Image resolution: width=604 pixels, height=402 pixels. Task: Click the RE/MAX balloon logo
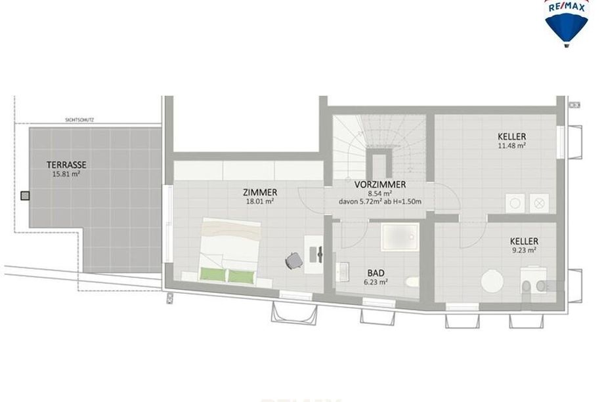[566, 23]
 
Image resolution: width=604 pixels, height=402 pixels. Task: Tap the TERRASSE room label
[67, 165]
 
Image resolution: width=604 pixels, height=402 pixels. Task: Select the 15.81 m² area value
[66, 174]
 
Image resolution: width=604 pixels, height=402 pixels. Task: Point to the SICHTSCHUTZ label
[79, 120]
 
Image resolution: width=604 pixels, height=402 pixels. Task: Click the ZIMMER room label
[260, 192]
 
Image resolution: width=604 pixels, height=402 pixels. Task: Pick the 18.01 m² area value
[260, 201]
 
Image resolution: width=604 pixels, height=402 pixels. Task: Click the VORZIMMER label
[380, 185]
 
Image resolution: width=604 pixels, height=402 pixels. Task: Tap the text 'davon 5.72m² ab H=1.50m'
[380, 201]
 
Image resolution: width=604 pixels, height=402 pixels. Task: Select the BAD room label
[376, 273]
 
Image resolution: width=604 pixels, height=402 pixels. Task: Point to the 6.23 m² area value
[376, 282]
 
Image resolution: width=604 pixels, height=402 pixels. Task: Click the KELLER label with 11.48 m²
[512, 136]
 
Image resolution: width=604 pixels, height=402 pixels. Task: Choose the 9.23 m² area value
[524, 250]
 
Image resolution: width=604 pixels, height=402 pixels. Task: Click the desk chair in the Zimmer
[293, 260]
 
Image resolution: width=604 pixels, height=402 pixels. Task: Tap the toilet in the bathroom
[412, 282]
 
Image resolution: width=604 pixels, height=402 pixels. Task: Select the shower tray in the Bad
[400, 237]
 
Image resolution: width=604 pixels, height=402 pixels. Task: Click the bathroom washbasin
[341, 272]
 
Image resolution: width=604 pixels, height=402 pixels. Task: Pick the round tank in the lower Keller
[492, 281]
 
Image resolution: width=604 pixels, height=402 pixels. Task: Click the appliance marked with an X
[539, 203]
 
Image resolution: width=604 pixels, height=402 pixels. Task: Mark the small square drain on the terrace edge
[25, 196]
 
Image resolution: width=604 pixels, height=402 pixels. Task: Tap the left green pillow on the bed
[213, 275]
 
